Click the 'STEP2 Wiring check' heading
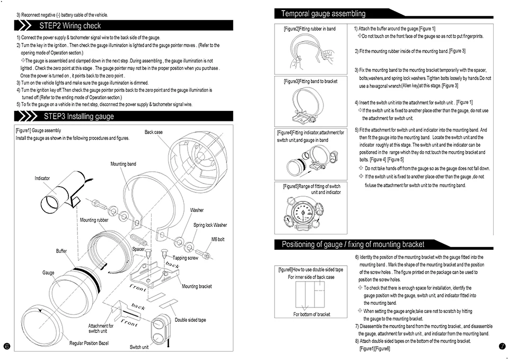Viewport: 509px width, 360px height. click(70, 25)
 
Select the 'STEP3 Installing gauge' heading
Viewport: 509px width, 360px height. click(79, 116)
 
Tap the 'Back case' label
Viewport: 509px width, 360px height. click(154, 132)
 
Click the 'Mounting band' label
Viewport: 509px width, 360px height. click(123, 164)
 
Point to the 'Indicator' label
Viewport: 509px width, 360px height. click(42, 178)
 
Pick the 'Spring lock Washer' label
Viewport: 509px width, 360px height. click(210, 225)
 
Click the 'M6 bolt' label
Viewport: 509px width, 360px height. click(218, 239)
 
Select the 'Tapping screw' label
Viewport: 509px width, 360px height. click(185, 258)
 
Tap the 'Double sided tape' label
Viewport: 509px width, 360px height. click(190, 320)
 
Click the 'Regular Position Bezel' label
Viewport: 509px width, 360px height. click(89, 343)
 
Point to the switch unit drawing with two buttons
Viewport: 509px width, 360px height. click(160, 329)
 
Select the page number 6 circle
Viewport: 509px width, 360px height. click(7, 346)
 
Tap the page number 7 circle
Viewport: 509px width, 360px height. click(502, 346)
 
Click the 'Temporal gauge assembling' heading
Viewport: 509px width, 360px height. click(323, 14)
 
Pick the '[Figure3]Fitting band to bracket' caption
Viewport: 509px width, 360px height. click(310, 81)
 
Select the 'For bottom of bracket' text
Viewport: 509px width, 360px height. click(312, 314)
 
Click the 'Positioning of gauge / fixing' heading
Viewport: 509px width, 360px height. click(353, 244)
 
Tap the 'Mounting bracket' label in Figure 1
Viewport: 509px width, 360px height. click(197, 286)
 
